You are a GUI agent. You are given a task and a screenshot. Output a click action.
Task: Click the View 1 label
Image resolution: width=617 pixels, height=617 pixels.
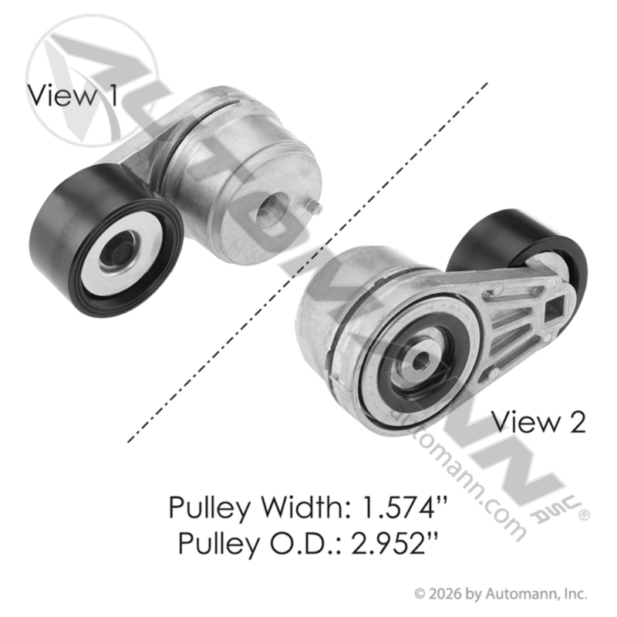[x=72, y=96]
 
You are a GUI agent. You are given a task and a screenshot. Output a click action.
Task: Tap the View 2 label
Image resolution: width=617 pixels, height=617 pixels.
[x=539, y=422]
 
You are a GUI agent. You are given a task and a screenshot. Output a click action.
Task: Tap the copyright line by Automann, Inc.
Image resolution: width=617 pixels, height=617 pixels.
[x=501, y=594]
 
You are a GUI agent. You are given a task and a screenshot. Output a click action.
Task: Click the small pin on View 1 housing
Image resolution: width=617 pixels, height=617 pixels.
[x=316, y=207]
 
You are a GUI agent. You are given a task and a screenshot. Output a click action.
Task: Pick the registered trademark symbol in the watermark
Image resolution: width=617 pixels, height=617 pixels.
[x=584, y=515]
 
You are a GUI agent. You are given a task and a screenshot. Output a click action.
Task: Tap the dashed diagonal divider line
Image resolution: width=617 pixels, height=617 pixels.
[x=308, y=262]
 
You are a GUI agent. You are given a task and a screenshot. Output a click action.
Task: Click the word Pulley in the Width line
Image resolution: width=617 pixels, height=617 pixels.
[x=209, y=507]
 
